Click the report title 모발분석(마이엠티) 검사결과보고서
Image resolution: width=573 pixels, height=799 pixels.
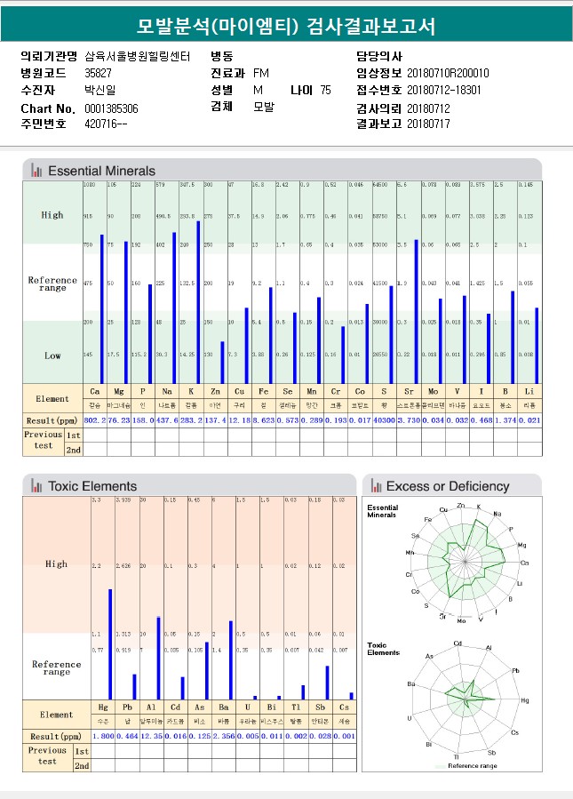pyautogui.click(x=286, y=26)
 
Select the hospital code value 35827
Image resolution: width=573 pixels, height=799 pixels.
pyautogui.click(x=98, y=73)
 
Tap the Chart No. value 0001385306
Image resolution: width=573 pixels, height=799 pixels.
pyautogui.click(x=111, y=108)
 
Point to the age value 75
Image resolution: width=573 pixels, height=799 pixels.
pyautogui.click(x=325, y=91)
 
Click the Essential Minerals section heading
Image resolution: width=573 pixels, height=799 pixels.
pyautogui.click(x=101, y=171)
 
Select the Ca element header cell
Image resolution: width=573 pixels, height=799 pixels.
pyautogui.click(x=94, y=392)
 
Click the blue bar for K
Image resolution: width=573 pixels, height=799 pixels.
pyautogui.click(x=198, y=302)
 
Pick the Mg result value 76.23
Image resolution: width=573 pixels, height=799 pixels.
pyautogui.click(x=118, y=419)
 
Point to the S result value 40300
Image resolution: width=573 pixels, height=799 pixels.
pyautogui.click(x=384, y=419)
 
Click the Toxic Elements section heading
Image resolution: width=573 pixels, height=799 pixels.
pyautogui.click(x=92, y=486)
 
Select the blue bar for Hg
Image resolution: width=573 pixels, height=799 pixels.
pyautogui.click(x=110, y=644)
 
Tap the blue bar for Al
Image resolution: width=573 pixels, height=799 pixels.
pyautogui.click(x=158, y=658)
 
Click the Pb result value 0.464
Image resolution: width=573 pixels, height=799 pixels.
pyautogui.click(x=127, y=737)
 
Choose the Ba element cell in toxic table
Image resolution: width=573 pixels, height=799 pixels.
pyautogui.click(x=224, y=709)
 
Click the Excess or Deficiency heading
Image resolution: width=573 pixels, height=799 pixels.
pyautogui.click(x=447, y=486)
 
